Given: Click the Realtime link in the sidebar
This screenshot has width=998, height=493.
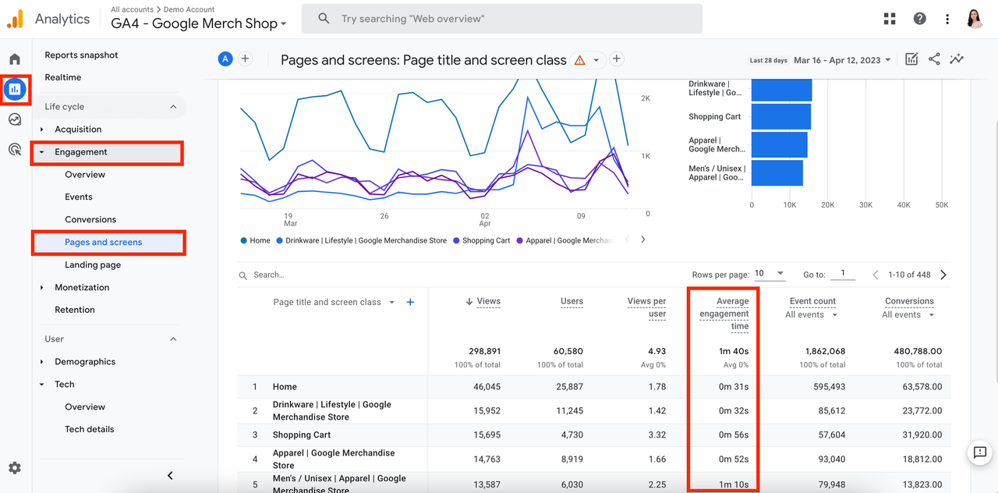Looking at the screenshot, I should click(x=62, y=77).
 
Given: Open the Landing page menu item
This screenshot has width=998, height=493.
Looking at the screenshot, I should click(x=92, y=264).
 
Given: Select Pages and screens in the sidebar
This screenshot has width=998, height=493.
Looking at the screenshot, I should click(x=103, y=242).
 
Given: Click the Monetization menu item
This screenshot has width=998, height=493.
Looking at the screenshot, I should click(x=82, y=287).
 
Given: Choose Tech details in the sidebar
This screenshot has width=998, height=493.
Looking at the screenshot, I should click(x=89, y=429).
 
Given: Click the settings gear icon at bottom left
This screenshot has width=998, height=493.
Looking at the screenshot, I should click(x=15, y=468).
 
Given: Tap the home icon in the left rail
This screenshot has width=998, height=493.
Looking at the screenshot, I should click(x=15, y=59).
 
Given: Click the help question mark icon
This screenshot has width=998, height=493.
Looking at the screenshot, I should click(x=920, y=19).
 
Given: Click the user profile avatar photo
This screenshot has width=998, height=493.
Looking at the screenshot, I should click(x=975, y=19).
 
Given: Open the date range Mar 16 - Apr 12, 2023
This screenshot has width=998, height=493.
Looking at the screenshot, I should click(x=841, y=60).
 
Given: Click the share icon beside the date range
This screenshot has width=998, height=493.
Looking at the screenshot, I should click(x=934, y=59).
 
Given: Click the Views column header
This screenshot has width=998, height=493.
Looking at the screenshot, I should click(x=487, y=301).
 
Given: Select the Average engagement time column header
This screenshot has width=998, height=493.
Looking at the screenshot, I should click(x=724, y=314).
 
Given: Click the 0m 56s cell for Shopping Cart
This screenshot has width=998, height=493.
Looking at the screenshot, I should click(x=733, y=434).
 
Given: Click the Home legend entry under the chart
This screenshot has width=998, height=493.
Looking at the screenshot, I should click(x=259, y=240).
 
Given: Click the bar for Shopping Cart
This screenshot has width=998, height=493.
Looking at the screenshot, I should click(x=780, y=116).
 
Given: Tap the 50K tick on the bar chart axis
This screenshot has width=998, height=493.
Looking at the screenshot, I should click(x=941, y=205).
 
